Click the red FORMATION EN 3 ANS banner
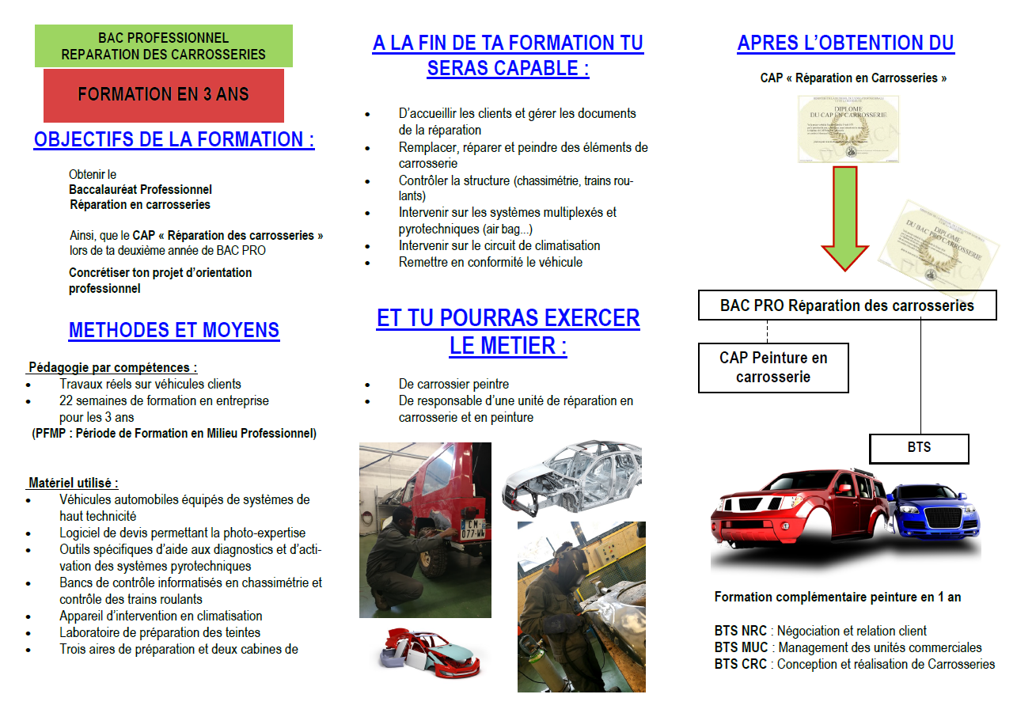[x=163, y=95]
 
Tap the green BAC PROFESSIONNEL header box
[x=163, y=46]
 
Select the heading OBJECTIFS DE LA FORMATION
[x=174, y=140]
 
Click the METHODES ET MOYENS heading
[x=174, y=330]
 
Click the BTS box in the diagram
[x=919, y=448]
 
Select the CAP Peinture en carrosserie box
[x=773, y=367]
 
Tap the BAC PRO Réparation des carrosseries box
[x=847, y=305]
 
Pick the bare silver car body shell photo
[x=571, y=476]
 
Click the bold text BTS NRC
[x=740, y=632]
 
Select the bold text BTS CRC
[x=740, y=665]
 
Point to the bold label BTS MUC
[x=741, y=648]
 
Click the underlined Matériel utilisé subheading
[x=74, y=483]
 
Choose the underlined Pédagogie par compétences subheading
[x=112, y=367]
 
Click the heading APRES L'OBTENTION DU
[x=845, y=44]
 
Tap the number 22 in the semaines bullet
[x=66, y=401]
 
